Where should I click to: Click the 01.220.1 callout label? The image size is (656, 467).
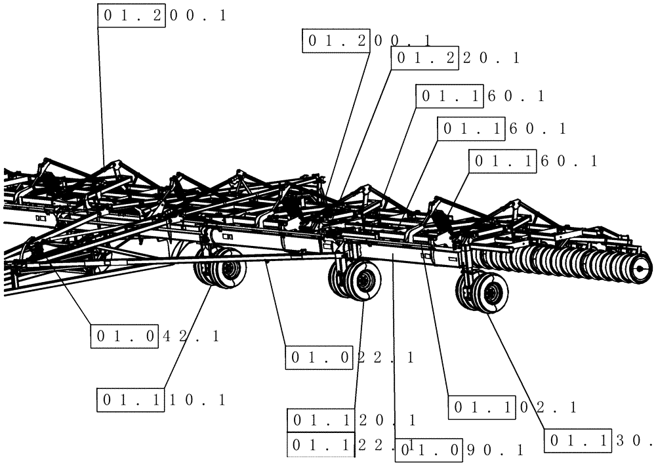tap(455, 58)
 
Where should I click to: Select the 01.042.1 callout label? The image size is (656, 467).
tap(155, 336)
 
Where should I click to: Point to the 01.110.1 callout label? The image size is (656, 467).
tap(161, 399)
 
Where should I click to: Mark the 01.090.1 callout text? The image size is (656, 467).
tap(459, 450)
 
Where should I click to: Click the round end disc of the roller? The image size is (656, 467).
tap(642, 266)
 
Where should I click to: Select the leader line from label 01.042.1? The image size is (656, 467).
tap(66, 289)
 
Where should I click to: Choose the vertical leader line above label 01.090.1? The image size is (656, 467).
tap(394, 348)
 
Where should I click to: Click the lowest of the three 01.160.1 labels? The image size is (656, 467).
tap(533, 161)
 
